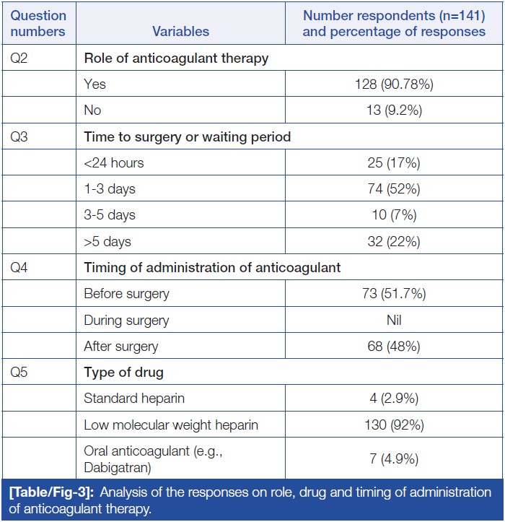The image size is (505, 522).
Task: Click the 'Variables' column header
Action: point(181,31)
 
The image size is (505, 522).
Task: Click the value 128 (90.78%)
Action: point(394,84)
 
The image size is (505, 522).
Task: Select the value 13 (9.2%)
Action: point(394,110)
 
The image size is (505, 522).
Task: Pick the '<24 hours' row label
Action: point(114,163)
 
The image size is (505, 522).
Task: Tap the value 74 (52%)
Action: point(394,189)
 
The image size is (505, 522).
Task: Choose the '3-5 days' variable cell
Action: point(110,215)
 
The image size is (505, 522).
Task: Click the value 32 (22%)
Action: point(394,241)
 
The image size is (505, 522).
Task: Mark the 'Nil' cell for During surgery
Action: point(394,320)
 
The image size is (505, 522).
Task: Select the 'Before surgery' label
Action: point(126,294)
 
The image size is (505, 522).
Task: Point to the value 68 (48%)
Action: point(394,346)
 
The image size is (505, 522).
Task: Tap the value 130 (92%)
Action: point(394,425)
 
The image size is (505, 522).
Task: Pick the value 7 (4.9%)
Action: point(394,458)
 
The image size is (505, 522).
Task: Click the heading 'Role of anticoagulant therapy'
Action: point(176,58)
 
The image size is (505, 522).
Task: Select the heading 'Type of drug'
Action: point(123,373)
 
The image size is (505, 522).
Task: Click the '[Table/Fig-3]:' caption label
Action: point(52,493)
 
